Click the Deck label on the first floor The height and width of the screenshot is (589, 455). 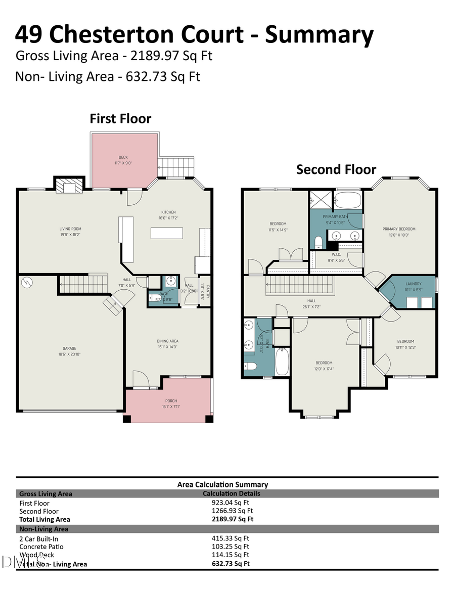pyautogui.click(x=123, y=157)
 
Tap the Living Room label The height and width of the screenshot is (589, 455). pyautogui.click(x=70, y=229)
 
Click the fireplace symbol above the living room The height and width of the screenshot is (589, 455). pyautogui.click(x=67, y=186)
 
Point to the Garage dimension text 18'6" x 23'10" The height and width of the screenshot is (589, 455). pyautogui.click(x=69, y=354)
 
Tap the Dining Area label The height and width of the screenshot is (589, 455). pyautogui.click(x=167, y=341)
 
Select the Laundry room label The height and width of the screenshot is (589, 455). pyautogui.click(x=413, y=284)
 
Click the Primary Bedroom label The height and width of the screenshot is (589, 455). pyautogui.click(x=399, y=229)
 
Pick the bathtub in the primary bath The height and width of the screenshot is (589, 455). pyautogui.click(x=348, y=200)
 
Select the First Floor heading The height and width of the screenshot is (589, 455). pyautogui.click(x=120, y=119)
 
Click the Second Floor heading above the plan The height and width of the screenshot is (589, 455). pyautogui.click(x=336, y=169)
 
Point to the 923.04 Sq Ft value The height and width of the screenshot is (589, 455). pyautogui.click(x=230, y=503)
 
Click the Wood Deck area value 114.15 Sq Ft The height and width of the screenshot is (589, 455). pyautogui.click(x=230, y=555)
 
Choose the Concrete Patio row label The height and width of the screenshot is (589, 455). pyautogui.click(x=41, y=547)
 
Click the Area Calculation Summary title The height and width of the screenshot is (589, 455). pyautogui.click(x=222, y=484)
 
